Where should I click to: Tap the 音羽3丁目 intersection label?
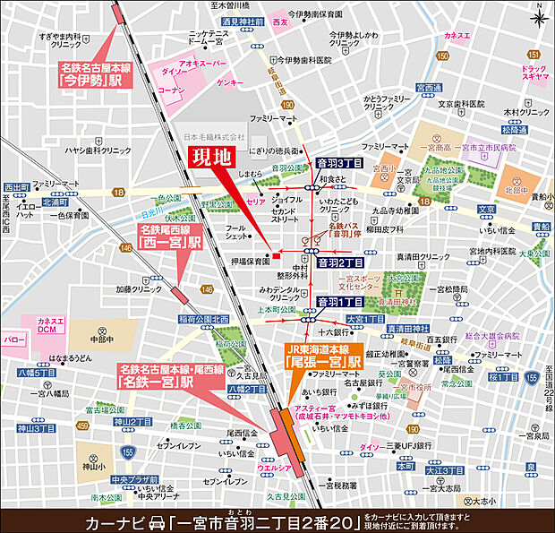tap(340, 163)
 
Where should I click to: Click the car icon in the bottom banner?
tap(155, 520)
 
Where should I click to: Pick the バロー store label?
tap(13, 341)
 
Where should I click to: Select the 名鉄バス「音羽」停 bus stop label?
tap(341, 232)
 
